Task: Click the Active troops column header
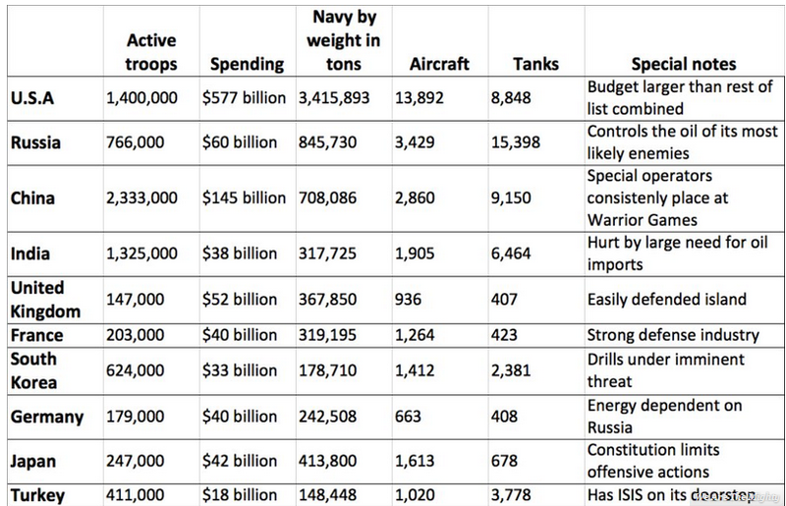pyautogui.click(x=151, y=52)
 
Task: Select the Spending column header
pyautogui.click(x=248, y=64)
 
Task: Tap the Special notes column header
pyautogui.click(x=683, y=64)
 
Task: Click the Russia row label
pyautogui.click(x=35, y=142)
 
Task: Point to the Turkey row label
pyautogui.click(x=37, y=494)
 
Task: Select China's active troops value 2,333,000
pyautogui.click(x=141, y=197)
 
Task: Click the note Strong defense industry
pyautogui.click(x=673, y=335)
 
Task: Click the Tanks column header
pyautogui.click(x=536, y=64)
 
